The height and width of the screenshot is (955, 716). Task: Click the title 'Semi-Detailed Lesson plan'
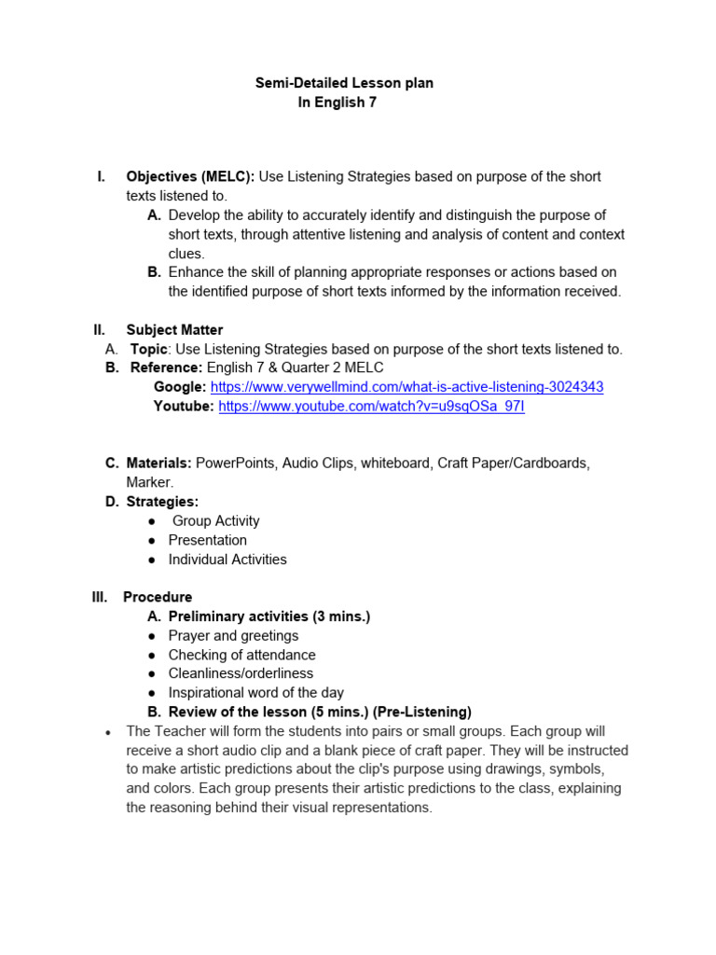(344, 83)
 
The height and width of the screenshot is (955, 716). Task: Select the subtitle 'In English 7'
(337, 103)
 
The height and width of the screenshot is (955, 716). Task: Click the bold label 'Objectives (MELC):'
(190, 176)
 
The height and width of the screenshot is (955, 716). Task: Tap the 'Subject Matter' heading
(174, 330)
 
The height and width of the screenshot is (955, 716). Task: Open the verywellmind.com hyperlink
(406, 387)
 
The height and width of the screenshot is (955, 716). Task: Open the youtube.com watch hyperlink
(371, 407)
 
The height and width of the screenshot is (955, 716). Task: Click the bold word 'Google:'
(180, 387)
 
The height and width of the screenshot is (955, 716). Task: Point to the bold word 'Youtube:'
(184, 407)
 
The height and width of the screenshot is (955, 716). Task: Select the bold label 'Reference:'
(166, 367)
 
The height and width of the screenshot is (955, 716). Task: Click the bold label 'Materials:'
(159, 463)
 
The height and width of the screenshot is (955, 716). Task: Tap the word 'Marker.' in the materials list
(150, 482)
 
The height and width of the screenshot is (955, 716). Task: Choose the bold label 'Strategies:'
(162, 502)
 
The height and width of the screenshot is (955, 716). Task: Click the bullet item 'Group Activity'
(216, 521)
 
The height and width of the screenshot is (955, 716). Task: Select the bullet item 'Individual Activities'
(227, 560)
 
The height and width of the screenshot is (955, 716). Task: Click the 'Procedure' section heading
(158, 597)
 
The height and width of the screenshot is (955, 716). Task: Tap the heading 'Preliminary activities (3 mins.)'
(268, 616)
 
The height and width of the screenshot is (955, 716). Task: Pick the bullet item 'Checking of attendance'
(241, 655)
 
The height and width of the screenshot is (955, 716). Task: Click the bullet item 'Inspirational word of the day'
(255, 693)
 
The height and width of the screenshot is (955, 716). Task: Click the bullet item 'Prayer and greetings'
(233, 635)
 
